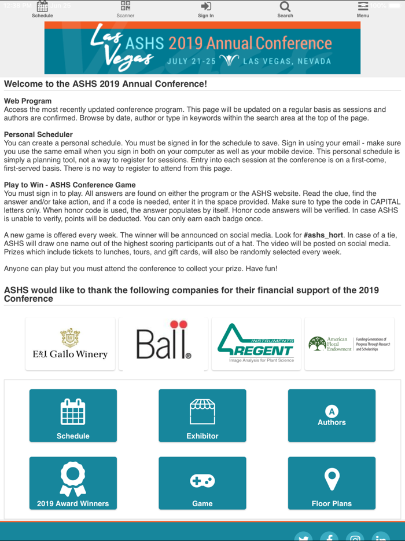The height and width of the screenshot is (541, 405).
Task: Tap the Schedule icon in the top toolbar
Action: point(42,9)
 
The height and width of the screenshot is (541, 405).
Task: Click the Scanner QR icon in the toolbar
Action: point(126,9)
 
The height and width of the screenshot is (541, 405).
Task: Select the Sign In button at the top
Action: point(206,9)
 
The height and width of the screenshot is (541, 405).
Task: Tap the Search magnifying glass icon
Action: point(285,9)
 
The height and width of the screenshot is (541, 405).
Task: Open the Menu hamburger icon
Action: point(363,9)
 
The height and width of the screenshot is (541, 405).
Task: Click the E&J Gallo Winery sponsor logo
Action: point(70,343)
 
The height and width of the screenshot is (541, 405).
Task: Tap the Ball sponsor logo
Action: point(163,343)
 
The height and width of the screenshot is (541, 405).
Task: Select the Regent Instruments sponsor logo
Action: point(256,343)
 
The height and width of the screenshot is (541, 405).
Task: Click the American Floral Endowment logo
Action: point(349,343)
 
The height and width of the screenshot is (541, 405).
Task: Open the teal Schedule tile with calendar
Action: point(73,415)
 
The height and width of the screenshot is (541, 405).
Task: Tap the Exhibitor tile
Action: point(203,415)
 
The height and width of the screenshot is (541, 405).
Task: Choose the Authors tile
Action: point(332,415)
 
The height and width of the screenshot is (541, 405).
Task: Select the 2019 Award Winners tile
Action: point(73,483)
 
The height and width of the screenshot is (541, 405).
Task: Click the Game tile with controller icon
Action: point(203,483)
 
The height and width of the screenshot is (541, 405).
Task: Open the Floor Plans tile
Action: point(332,483)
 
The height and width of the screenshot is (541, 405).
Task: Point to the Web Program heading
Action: point(28,101)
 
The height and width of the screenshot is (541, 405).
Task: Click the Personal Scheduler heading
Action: point(38,134)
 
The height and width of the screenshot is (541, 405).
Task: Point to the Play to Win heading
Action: point(69,185)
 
